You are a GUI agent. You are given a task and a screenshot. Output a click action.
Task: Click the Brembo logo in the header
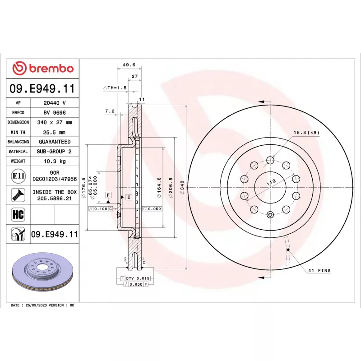click(x=43, y=69)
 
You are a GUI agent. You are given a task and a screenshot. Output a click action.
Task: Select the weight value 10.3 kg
click(x=55, y=161)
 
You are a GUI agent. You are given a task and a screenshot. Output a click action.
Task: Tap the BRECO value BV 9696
click(x=55, y=112)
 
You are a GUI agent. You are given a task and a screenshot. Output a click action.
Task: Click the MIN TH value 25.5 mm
click(x=54, y=132)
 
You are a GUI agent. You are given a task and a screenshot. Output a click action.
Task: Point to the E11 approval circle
click(x=18, y=176)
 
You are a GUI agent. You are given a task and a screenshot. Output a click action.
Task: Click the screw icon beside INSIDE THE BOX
click(x=18, y=195)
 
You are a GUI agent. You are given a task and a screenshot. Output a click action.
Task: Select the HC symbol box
click(x=18, y=214)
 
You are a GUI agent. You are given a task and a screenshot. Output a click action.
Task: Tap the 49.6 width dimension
click(x=129, y=65)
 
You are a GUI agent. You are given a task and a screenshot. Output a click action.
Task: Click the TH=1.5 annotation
click(x=115, y=88)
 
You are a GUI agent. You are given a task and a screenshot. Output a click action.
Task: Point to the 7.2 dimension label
click(x=110, y=111)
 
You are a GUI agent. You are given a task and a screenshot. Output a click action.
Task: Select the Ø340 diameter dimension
click(x=182, y=187)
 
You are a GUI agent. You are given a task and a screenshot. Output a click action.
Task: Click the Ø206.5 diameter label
click(x=171, y=187)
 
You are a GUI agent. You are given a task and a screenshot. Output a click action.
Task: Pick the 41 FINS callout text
click(x=319, y=270)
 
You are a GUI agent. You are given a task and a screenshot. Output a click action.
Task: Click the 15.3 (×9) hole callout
click(x=306, y=133)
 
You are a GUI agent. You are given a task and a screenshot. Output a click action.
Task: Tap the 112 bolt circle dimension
click(x=272, y=182)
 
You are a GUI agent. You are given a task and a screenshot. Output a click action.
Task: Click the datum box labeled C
click(x=129, y=197)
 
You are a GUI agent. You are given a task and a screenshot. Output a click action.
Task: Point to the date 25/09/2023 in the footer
click(x=36, y=305)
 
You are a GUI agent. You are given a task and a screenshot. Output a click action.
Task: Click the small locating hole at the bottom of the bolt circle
click(x=270, y=215)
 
